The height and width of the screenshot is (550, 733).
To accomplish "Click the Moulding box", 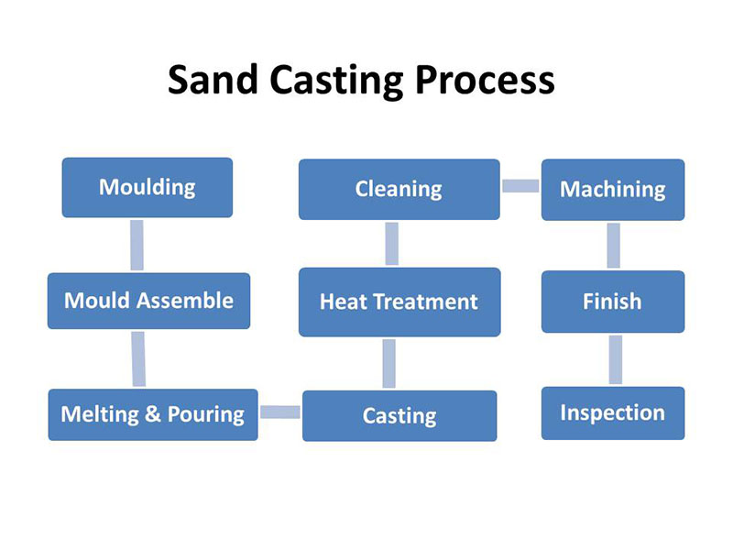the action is [x=148, y=188].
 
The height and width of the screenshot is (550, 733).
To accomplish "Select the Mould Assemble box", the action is [x=148, y=301].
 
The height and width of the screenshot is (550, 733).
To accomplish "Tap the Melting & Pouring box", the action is [x=153, y=414].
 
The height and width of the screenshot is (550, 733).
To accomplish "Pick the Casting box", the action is [x=399, y=416].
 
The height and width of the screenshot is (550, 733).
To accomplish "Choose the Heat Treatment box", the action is [x=399, y=302].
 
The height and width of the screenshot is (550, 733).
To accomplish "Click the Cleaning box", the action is [x=399, y=190].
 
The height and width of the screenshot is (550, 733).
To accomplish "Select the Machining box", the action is [x=613, y=190].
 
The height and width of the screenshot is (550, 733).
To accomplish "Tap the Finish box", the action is [x=613, y=302].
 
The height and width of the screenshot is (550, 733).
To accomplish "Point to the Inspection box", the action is [x=613, y=413].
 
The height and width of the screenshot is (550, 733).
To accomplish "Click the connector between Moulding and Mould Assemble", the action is [x=137, y=245].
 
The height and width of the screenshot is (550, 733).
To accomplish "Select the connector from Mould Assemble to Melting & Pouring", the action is [x=138, y=358].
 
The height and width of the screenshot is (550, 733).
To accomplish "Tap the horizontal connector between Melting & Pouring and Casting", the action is [x=280, y=412].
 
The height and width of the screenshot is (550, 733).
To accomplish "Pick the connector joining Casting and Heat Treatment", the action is [x=388, y=363].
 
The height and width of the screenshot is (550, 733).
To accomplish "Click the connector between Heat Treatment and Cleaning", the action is [x=392, y=244].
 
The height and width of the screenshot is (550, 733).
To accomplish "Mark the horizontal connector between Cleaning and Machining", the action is [x=520, y=186].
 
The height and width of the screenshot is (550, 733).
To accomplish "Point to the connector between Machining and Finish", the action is [x=614, y=246].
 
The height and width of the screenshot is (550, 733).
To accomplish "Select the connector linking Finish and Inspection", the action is [x=616, y=359].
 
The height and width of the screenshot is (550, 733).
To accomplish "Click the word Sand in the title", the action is [x=213, y=79].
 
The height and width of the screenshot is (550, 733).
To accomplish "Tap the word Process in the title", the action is [x=485, y=80].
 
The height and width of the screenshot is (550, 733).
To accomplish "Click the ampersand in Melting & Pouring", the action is [x=153, y=413].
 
